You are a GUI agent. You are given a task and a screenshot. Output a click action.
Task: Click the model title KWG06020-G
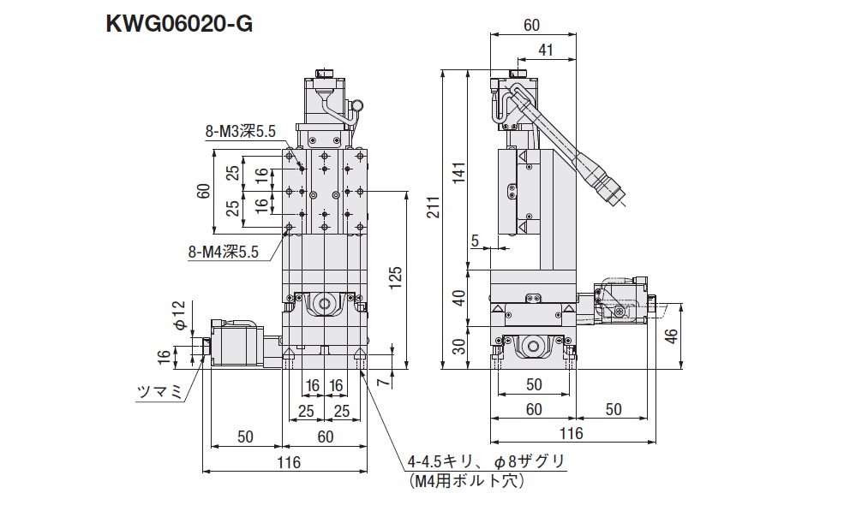[x=179, y=24]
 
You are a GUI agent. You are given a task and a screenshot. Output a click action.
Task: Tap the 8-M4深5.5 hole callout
[x=223, y=252]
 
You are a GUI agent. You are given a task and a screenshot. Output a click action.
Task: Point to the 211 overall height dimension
[x=434, y=207]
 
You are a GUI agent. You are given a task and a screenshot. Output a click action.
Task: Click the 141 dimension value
[x=459, y=172]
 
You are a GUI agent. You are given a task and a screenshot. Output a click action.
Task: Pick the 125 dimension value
[x=396, y=277]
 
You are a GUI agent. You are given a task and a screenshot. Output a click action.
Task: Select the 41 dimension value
[x=545, y=50]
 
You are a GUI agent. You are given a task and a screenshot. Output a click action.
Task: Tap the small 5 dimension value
[x=475, y=241]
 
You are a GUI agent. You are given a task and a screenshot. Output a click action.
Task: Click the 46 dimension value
[x=672, y=336]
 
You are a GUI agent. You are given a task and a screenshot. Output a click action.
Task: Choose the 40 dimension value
[x=459, y=297]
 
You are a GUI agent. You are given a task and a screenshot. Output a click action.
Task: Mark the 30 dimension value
[x=459, y=345]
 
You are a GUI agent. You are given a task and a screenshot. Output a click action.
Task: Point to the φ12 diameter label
[x=180, y=316]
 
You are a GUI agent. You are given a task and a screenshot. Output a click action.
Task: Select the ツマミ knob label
[x=159, y=392]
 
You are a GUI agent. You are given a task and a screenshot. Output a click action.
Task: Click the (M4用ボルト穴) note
[x=466, y=481]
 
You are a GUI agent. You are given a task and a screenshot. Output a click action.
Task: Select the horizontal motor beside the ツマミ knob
[x=236, y=342]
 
